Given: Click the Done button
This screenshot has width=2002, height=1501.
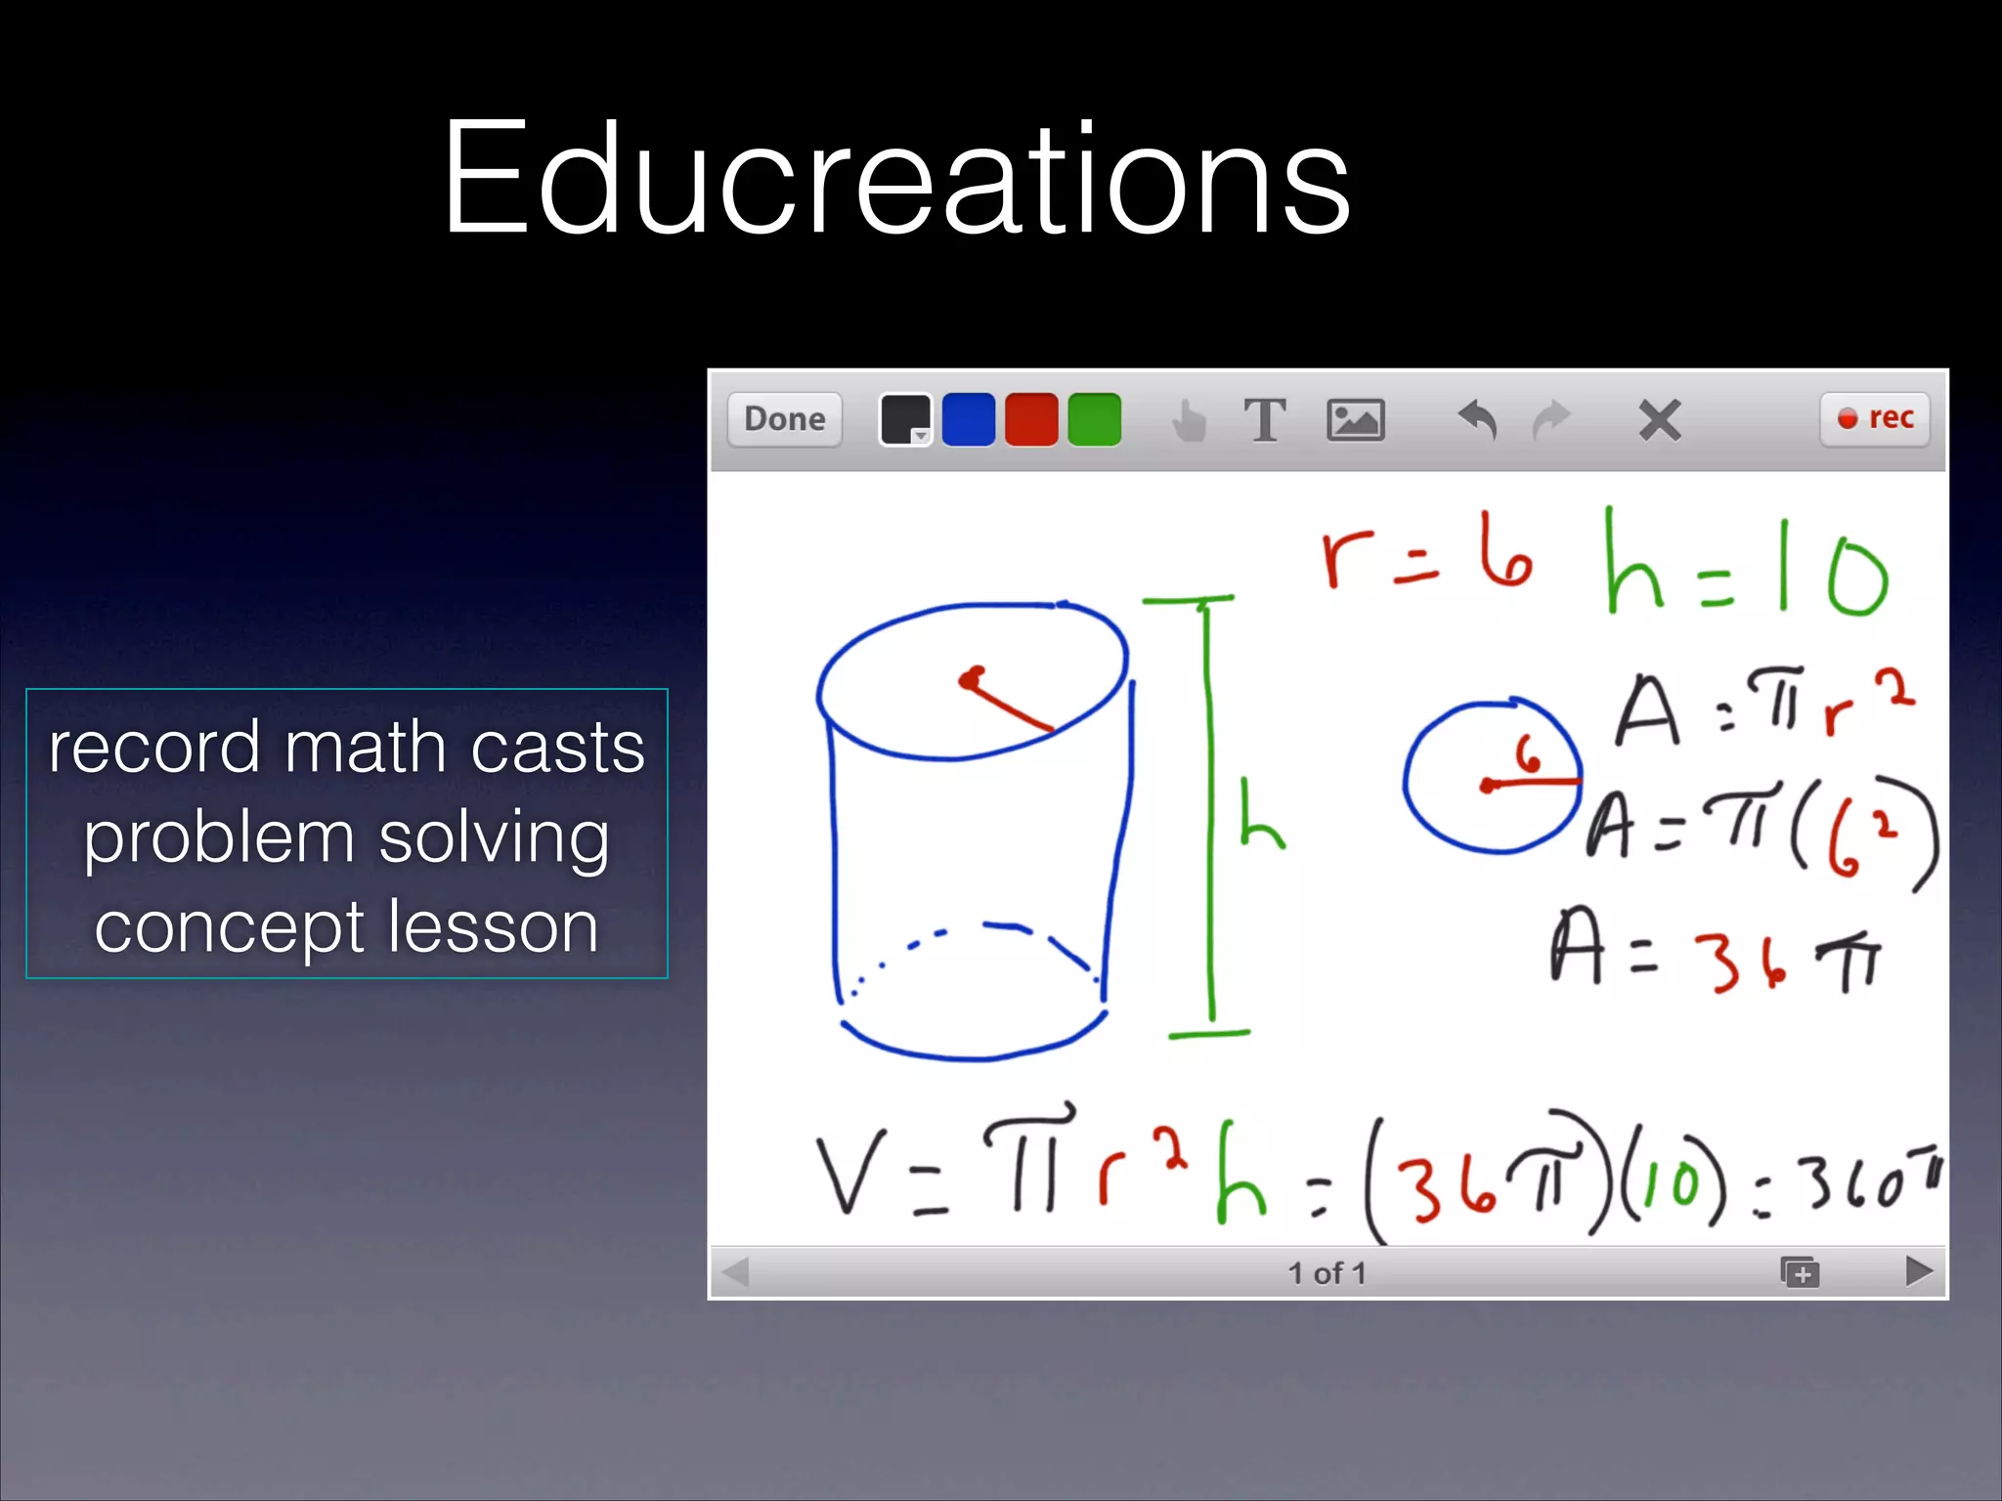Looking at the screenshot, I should (784, 419).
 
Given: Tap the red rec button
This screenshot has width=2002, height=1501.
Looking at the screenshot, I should (1875, 419).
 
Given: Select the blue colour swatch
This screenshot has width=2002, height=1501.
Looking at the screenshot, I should (968, 419).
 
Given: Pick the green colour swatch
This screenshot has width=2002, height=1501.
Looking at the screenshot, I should (1094, 419).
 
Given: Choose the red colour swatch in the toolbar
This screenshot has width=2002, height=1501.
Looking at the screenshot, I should (1031, 419).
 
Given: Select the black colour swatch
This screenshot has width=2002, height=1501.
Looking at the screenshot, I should (904, 419).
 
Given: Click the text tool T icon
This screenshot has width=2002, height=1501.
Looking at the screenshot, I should (1265, 420).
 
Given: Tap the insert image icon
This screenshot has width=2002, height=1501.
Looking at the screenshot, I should (1355, 420).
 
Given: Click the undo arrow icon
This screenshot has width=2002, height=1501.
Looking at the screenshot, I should (1477, 420).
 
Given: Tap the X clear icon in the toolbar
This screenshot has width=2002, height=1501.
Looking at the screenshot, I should (1659, 420).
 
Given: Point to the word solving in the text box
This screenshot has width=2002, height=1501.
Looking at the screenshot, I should (494, 838).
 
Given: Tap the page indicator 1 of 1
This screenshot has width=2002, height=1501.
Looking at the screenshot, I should (1327, 1272).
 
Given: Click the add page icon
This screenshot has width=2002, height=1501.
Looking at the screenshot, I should (1800, 1272).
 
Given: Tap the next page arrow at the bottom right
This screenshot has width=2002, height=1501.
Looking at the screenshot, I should (1919, 1271).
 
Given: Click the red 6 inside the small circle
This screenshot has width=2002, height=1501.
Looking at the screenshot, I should (1527, 754).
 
